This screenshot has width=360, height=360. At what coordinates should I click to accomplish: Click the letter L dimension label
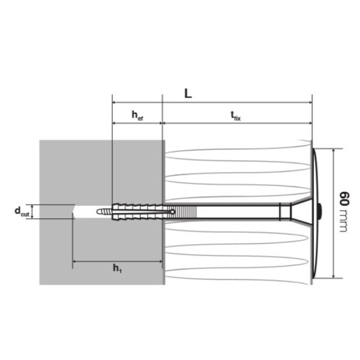click(188, 94)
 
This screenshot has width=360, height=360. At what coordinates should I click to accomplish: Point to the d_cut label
click(22, 211)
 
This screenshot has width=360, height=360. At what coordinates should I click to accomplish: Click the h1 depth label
click(116, 268)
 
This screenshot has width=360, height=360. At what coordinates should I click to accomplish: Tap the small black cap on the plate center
click(320, 211)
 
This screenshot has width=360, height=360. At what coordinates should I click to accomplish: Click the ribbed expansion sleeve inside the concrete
click(138, 211)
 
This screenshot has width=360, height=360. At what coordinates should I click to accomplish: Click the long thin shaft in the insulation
click(240, 211)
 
